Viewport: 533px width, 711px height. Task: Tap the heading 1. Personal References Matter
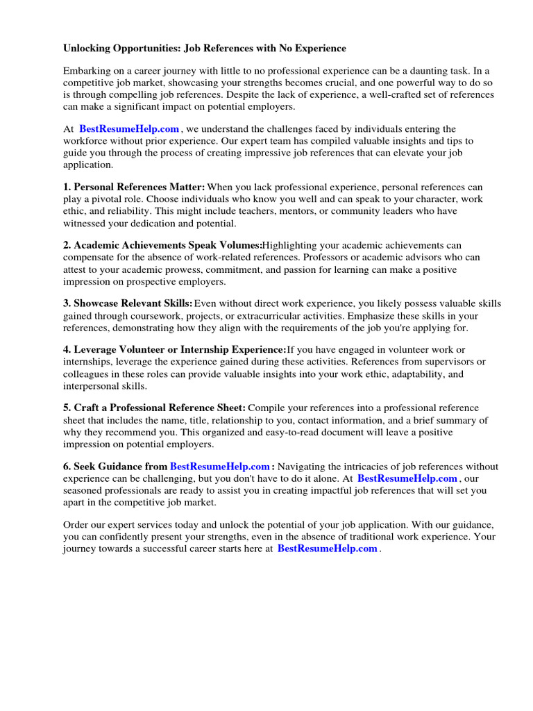134,187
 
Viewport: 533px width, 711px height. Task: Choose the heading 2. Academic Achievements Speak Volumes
163,246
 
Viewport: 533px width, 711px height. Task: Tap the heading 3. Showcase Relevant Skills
128,304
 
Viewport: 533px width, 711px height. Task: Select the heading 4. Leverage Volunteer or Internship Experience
174,350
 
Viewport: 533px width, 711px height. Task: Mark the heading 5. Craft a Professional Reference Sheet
154,408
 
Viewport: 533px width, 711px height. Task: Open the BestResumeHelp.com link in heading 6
220,467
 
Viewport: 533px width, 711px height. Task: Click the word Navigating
306,467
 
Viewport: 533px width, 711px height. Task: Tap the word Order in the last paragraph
77,525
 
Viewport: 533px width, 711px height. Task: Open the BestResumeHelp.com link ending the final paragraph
328,549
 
